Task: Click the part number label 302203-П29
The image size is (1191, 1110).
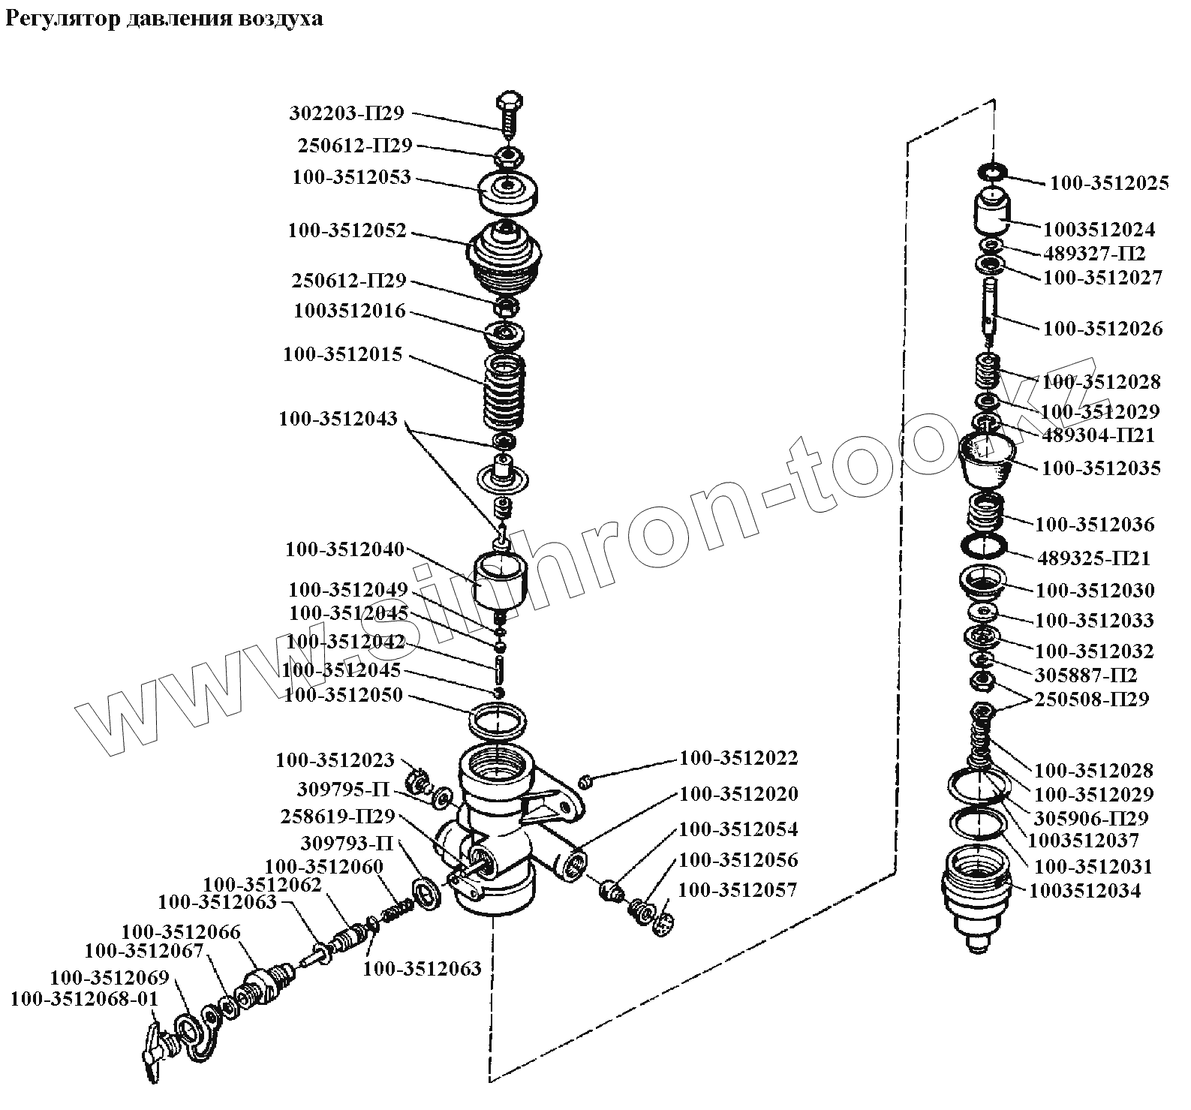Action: pos(346,113)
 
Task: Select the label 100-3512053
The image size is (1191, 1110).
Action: pos(351,177)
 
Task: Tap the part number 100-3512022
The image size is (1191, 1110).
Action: pos(738,758)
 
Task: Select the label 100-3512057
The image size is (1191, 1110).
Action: pos(737,890)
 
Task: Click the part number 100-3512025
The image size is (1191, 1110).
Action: pos(1108,183)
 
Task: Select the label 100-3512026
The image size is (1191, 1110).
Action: pos(1102,329)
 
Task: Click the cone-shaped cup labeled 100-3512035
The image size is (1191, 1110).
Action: pos(987,456)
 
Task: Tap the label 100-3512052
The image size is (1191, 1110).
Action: pos(347,231)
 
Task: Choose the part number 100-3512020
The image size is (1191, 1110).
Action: pos(738,794)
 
